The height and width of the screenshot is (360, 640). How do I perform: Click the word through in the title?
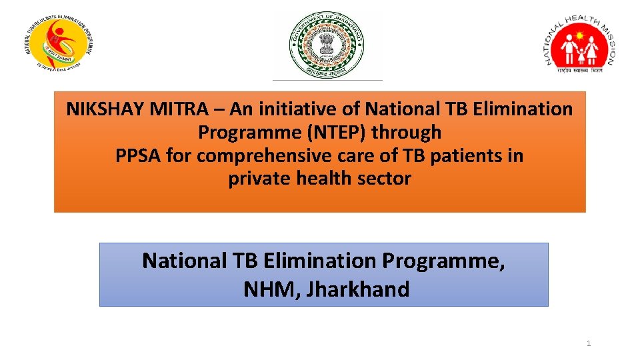407,132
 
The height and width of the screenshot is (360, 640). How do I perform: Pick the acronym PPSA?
138,156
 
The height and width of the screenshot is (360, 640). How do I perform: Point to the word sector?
387,179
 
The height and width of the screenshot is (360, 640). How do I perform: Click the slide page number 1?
589,343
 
